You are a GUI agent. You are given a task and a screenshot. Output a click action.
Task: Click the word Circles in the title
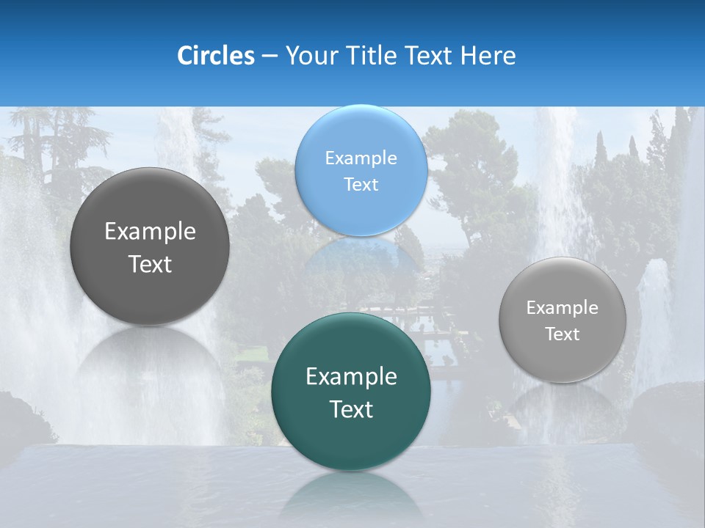pyautogui.click(x=215, y=56)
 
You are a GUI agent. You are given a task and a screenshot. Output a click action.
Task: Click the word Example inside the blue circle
pyautogui.click(x=361, y=158)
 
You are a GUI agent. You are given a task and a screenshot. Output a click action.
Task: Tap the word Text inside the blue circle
pyautogui.click(x=361, y=184)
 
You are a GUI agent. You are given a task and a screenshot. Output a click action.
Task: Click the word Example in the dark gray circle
pyautogui.click(x=150, y=232)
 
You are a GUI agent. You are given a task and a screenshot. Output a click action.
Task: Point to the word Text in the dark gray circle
pyautogui.click(x=150, y=264)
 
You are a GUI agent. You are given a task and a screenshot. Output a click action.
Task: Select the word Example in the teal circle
pyautogui.click(x=351, y=377)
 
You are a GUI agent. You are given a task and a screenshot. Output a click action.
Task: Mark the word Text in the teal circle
pyautogui.click(x=351, y=409)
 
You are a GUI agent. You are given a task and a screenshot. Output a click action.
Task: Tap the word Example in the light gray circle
pyautogui.click(x=563, y=308)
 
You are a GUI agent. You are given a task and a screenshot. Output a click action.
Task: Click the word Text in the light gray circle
pyautogui.click(x=563, y=334)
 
